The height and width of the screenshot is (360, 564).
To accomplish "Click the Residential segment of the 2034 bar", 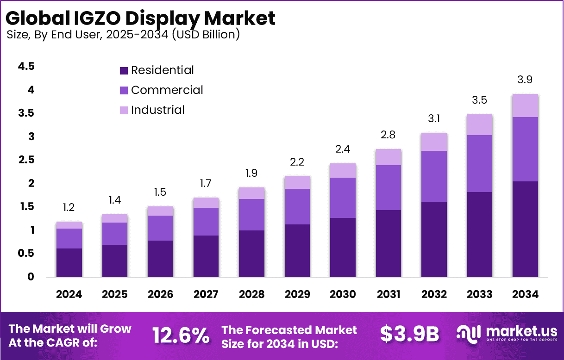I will point(525,229).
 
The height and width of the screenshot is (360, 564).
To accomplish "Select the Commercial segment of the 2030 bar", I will point(343,198).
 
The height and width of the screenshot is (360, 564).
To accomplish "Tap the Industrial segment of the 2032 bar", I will point(434,142).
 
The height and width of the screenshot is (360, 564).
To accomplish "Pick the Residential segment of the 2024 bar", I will point(69,262).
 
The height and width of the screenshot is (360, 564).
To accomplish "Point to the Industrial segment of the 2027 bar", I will point(206,203).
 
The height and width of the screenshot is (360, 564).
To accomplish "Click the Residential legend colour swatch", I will point(124,71).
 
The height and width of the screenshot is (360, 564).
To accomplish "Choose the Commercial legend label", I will point(167,90).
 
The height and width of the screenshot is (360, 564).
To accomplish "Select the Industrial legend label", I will point(157,110).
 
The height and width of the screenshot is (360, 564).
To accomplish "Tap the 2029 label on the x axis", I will point(297,294).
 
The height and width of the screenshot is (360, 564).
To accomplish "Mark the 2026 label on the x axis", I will point(160,294).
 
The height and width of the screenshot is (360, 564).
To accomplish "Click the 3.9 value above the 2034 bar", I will point(525,80).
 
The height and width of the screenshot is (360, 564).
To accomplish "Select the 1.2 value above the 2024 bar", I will point(69,208).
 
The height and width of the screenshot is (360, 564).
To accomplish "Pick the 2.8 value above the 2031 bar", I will point(388,135).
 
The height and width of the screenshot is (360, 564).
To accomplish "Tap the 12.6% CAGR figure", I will point(181,335).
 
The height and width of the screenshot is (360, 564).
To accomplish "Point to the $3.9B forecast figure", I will point(409,335).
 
